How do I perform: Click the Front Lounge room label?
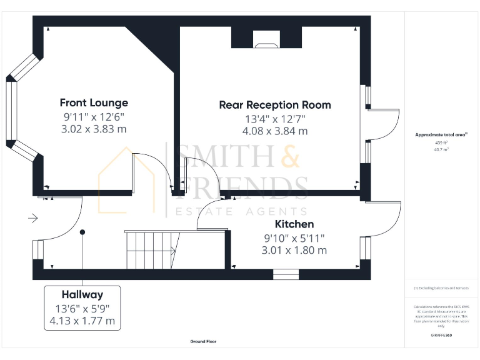(94, 102)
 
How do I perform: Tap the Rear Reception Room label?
(275, 104)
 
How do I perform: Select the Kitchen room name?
(294, 224)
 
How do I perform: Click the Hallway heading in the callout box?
(82, 294)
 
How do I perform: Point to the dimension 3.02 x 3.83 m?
(94, 129)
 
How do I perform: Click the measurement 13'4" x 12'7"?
(275, 119)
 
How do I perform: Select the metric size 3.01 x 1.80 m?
(294, 250)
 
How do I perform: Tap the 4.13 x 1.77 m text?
(82, 321)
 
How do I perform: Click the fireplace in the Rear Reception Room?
(266, 38)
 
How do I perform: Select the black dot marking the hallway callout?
(82, 232)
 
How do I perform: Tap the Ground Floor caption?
(204, 342)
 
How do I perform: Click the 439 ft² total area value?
(442, 142)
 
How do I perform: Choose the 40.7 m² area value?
(442, 149)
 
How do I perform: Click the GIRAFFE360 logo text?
(442, 336)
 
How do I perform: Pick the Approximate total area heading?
(441, 134)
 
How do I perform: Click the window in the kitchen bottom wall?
(286, 274)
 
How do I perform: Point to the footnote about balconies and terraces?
(441, 288)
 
